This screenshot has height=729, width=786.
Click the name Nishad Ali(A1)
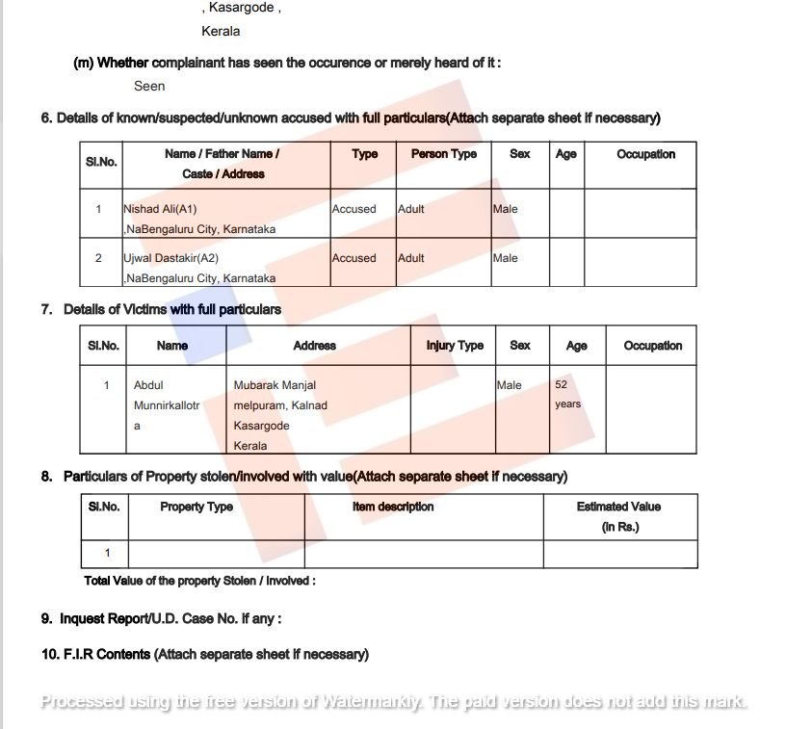click(160, 209)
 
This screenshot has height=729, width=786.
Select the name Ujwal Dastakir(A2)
click(170, 258)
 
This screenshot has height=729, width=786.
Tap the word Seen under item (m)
click(149, 86)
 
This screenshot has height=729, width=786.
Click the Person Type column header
click(443, 154)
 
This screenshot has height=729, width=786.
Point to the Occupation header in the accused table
click(645, 154)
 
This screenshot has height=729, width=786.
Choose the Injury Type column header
click(455, 346)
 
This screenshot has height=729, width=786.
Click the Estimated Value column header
click(618, 507)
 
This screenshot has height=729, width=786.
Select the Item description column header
click(393, 507)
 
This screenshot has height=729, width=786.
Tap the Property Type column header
click(196, 507)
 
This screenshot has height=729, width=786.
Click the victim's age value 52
click(562, 384)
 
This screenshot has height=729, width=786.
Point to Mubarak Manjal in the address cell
click(275, 385)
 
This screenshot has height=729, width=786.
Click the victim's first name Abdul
click(148, 385)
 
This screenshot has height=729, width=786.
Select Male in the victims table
click(509, 385)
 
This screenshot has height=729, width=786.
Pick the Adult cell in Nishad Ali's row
click(411, 209)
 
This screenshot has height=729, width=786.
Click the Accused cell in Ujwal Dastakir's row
click(354, 258)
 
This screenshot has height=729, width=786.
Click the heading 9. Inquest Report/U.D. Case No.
click(161, 618)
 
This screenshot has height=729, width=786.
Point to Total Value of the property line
click(199, 581)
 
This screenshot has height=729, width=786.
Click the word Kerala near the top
click(221, 31)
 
